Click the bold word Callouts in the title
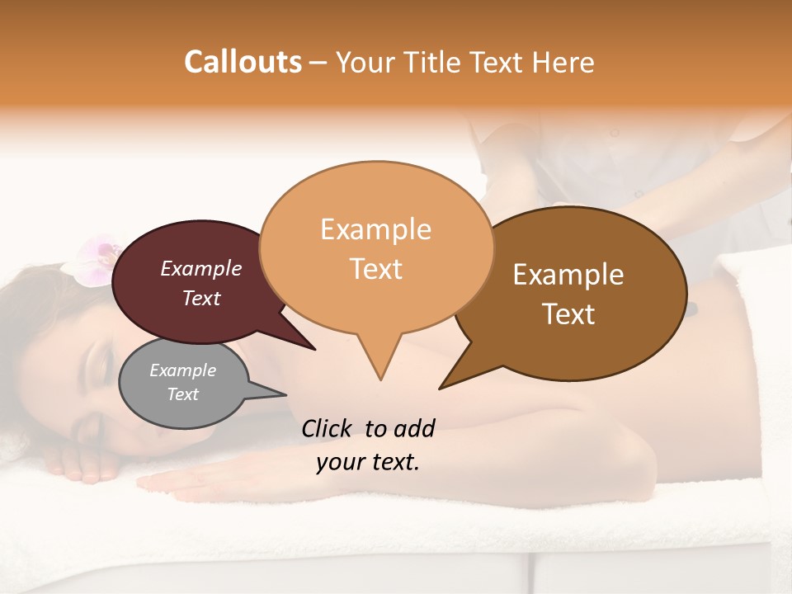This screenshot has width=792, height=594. click(243, 62)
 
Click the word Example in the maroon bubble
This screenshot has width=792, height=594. click(201, 268)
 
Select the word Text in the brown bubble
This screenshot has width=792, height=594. click(568, 314)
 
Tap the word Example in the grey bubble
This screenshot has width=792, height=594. click(182, 370)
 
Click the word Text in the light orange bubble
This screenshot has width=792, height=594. click(376, 269)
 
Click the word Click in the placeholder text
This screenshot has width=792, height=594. click(328, 428)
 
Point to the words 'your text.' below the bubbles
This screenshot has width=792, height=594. click(368, 462)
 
